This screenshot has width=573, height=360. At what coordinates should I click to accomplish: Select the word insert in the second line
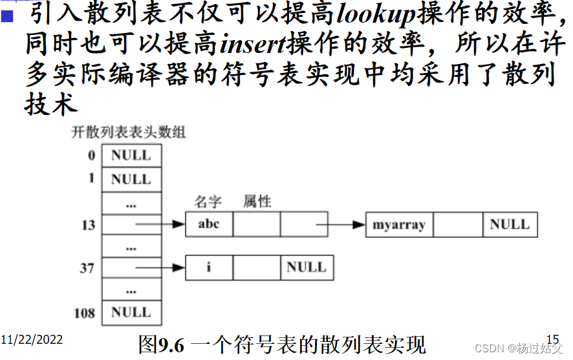tap(253, 44)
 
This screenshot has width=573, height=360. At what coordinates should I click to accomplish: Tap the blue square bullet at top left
tap(8, 14)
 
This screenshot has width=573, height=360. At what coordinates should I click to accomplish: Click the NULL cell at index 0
tap(131, 156)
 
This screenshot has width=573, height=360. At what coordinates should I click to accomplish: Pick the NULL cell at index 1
tap(131, 179)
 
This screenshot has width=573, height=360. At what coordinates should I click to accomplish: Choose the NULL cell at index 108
tap(131, 313)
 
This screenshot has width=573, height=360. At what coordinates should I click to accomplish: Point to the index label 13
tap(88, 225)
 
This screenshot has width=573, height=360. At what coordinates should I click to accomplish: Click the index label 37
tap(87, 268)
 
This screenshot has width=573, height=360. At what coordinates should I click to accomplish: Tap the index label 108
tap(84, 313)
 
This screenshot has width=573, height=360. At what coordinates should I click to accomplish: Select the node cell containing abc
tap(209, 224)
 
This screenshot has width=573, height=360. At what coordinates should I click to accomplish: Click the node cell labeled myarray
tap(399, 226)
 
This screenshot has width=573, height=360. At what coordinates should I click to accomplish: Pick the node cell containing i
tap(209, 267)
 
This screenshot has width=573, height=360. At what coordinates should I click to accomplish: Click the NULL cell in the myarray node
tap(510, 225)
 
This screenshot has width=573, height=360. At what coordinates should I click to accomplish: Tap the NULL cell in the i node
tap(307, 267)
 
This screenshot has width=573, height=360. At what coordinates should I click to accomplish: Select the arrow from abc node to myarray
tap(341, 225)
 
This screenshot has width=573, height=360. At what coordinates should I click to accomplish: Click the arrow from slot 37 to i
tap(160, 267)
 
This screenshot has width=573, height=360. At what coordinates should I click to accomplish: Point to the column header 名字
tap(208, 202)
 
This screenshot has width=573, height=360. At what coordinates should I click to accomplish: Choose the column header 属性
tap(257, 202)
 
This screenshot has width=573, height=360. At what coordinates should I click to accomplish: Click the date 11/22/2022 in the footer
tap(32, 340)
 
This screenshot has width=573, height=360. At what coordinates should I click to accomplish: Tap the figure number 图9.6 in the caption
tap(162, 344)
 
